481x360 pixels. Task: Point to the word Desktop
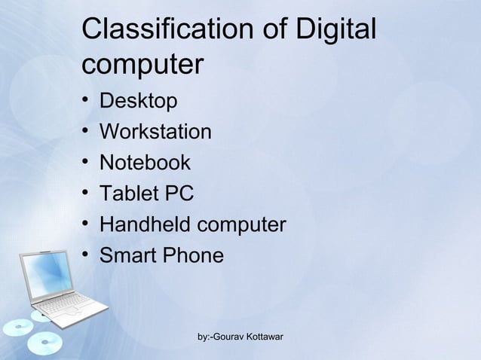(139, 101)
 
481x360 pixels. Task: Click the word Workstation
(155, 132)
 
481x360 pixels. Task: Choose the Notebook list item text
(145, 163)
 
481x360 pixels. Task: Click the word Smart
(127, 255)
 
